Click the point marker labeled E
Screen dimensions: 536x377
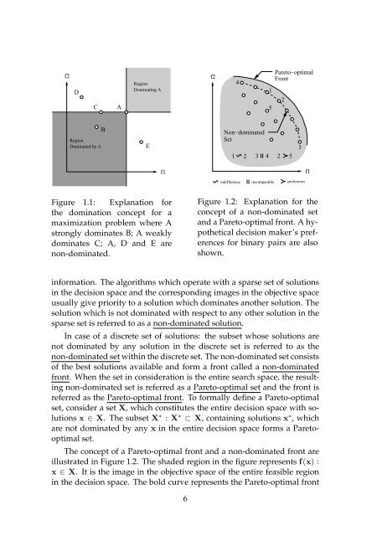coord(142,143)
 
